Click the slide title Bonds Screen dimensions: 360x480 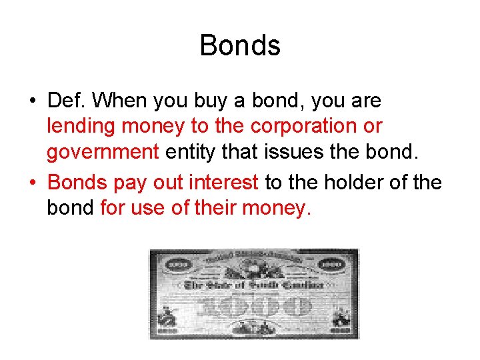[x=240, y=46]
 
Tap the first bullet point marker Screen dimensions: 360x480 [x=31, y=101]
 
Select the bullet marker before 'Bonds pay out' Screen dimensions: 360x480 [x=31, y=182]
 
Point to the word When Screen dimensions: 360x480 [x=121, y=101]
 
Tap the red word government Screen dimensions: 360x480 [x=102, y=153]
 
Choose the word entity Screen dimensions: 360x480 [x=190, y=153]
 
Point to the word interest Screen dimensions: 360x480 [x=225, y=181]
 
